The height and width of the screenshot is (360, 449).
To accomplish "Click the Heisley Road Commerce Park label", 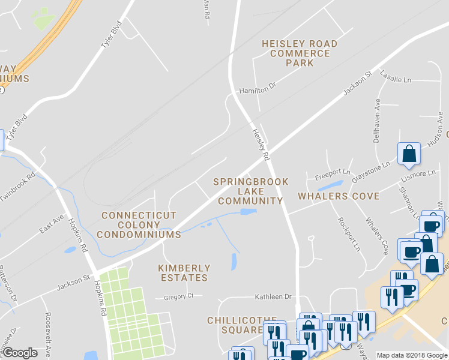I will pos(300,53).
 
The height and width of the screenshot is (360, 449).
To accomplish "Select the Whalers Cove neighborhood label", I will pos(339,196).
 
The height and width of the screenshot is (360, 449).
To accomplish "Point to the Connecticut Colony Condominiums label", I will pos(139,225).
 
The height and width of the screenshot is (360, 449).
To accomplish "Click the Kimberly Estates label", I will pos(184,273).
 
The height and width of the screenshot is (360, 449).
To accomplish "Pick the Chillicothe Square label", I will pos(242,325).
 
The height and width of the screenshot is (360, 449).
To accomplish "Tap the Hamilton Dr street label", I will pos(257,88).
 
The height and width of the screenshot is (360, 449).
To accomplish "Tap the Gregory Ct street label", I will pos(179,296).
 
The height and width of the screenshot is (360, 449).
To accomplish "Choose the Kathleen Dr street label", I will pos(273,296).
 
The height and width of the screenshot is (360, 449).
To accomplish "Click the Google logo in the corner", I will pos(20,353).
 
